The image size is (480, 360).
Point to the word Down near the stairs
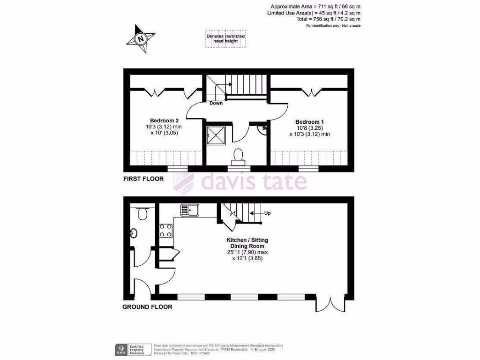tap(216, 103)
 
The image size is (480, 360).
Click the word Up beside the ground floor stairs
tap(268, 213)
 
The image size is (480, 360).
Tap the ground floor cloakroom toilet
tap(143, 213)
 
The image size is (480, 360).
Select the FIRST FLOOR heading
tap(143, 179)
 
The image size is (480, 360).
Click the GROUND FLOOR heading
tap(147, 307)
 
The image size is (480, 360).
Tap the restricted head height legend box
tap(225, 39)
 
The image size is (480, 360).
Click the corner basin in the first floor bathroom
tap(263, 129)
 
